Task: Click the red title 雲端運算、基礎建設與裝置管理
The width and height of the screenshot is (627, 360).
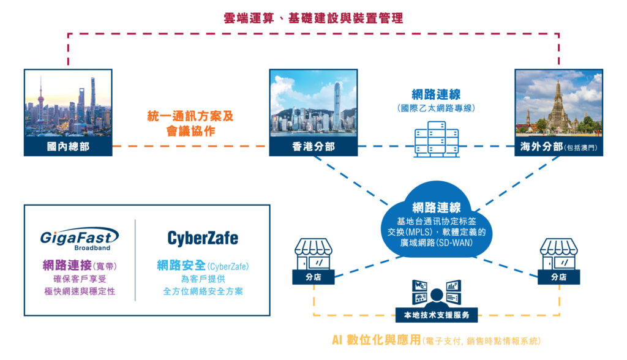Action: click(313, 18)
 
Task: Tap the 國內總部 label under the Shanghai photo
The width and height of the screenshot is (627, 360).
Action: click(68, 146)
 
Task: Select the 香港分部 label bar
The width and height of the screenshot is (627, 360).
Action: click(313, 146)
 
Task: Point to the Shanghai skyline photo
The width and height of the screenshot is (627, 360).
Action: click(68, 103)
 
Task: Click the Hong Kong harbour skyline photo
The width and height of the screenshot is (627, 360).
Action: click(313, 103)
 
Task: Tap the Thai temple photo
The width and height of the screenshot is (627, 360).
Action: click(558, 103)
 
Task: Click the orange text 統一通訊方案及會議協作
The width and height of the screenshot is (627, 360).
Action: click(190, 124)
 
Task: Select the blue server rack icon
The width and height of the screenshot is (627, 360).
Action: click(436, 139)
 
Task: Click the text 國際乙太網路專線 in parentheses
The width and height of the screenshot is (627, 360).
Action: click(436, 108)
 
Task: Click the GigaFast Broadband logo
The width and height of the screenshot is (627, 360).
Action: click(79, 239)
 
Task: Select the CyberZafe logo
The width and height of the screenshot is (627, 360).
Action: click(203, 238)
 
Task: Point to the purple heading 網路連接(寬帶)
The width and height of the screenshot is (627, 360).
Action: click(80, 265)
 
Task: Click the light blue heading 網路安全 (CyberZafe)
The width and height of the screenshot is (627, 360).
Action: click(203, 266)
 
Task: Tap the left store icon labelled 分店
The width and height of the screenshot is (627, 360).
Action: click(313, 261)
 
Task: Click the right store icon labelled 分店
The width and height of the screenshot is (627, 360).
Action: click(558, 261)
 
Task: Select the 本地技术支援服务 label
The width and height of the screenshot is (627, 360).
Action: click(436, 315)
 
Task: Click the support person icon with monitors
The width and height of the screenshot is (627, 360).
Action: click(436, 293)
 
